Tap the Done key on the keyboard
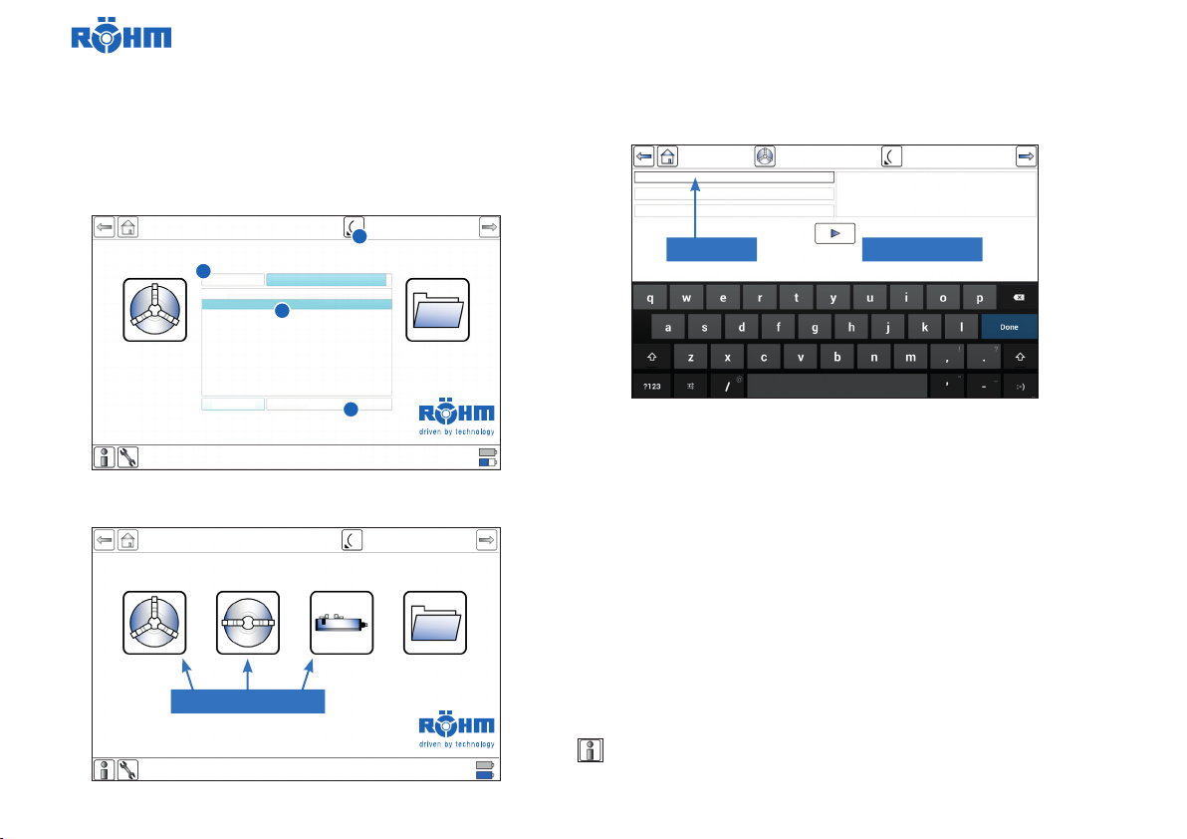pyautogui.click(x=1009, y=327)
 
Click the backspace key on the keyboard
pyautogui.click(x=1020, y=298)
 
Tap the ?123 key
pyautogui.click(x=651, y=386)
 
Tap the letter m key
pyautogui.click(x=908, y=357)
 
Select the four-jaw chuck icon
pyautogui.click(x=248, y=623)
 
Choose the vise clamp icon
pyautogui.click(x=342, y=623)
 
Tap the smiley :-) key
pyautogui.click(x=1020, y=386)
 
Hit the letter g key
pyautogui.click(x=815, y=327)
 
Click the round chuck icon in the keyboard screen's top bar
pyautogui.click(x=765, y=156)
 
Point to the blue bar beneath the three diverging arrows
pyautogui.click(x=248, y=700)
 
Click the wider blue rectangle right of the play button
pyautogui.click(x=921, y=249)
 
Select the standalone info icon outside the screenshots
pyautogui.click(x=589, y=750)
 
